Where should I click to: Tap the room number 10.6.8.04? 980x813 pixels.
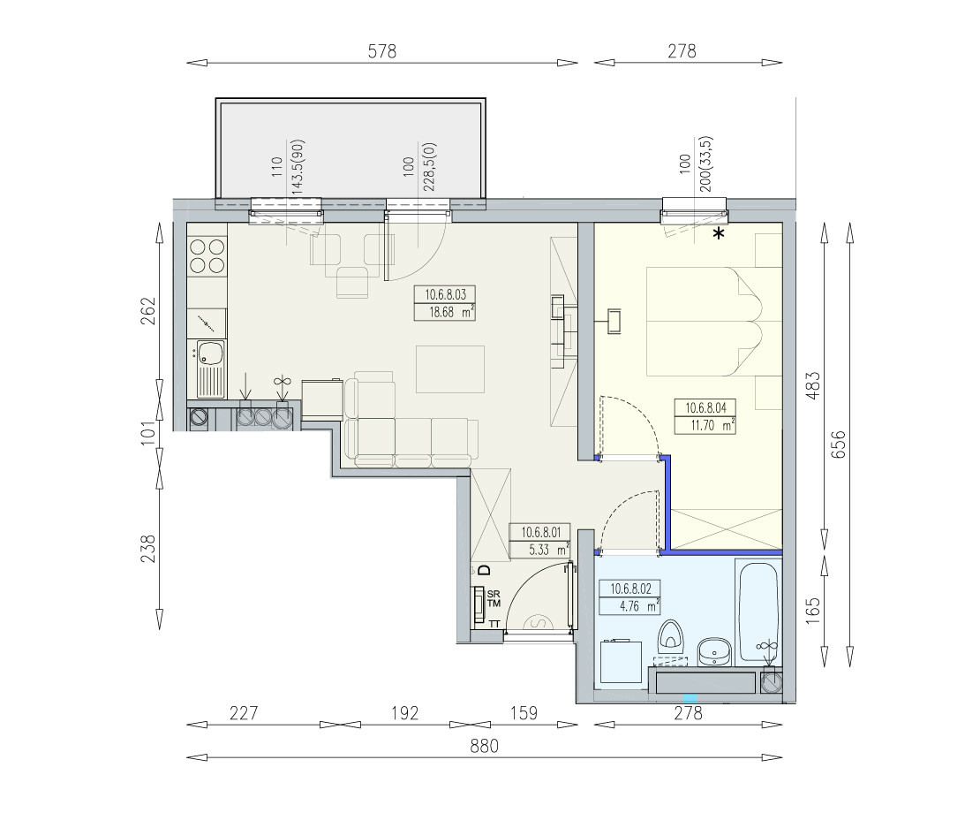coord(705,408)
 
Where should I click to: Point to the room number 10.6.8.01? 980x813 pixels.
coord(540,532)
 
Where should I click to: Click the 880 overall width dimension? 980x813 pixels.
coord(485,746)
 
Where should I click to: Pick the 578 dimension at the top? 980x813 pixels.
coord(382,51)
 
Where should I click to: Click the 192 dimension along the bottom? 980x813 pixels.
coord(405,713)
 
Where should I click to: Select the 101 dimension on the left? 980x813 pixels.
coord(147,433)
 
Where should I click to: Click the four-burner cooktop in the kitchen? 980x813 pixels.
coord(207,255)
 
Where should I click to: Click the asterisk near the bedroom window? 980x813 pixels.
coord(720,234)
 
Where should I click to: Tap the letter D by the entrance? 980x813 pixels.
coord(484,570)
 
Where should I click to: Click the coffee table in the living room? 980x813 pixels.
coord(450,369)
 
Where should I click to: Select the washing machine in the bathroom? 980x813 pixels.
coord(621,661)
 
